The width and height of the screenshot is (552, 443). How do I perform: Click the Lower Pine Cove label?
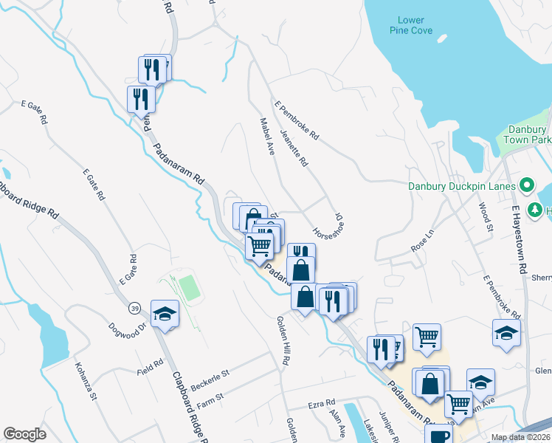click(x=412, y=25)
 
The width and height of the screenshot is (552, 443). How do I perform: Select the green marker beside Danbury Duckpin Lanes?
click(x=527, y=185)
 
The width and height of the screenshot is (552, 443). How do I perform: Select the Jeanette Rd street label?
click(x=294, y=148)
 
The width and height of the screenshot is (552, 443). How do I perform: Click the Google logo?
click(x=24, y=434)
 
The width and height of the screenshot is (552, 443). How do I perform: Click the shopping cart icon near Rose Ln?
click(x=427, y=337)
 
